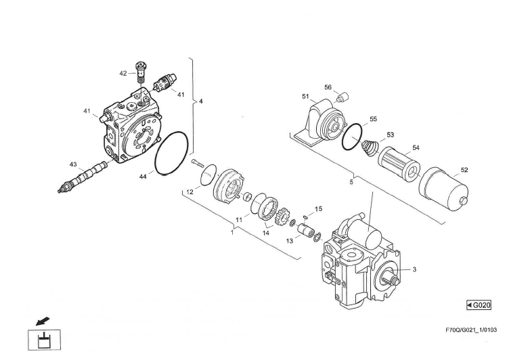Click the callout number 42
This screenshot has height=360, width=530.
pyautogui.click(x=123, y=73)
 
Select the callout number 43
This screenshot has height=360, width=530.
pyautogui.click(x=72, y=164)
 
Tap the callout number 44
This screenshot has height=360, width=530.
pyautogui.click(x=143, y=176)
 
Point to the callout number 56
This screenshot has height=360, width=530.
pyautogui.click(x=328, y=87)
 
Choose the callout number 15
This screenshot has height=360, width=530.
pyautogui.click(x=318, y=208)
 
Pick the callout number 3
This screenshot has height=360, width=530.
pyautogui.click(x=414, y=269)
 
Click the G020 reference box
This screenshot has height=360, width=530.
pyautogui.click(x=479, y=305)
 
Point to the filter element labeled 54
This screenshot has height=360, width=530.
pyautogui.click(x=399, y=162)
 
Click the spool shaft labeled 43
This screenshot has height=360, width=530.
pyautogui.click(x=85, y=179)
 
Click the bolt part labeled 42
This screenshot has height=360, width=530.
pyautogui.click(x=141, y=70)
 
